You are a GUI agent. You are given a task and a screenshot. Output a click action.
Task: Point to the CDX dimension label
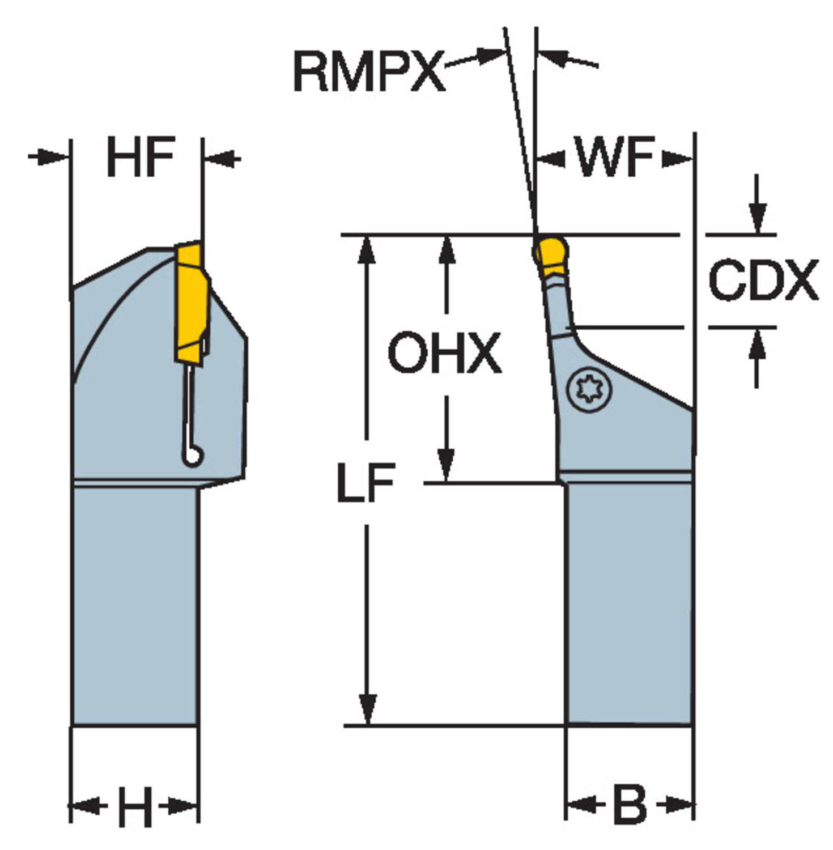pos(763,280)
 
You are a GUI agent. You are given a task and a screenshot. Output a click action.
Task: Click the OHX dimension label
pos(444,353)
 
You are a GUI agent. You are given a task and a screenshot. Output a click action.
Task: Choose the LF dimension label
pos(365,483)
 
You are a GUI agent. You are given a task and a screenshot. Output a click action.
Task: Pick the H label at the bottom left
pos(135,805)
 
